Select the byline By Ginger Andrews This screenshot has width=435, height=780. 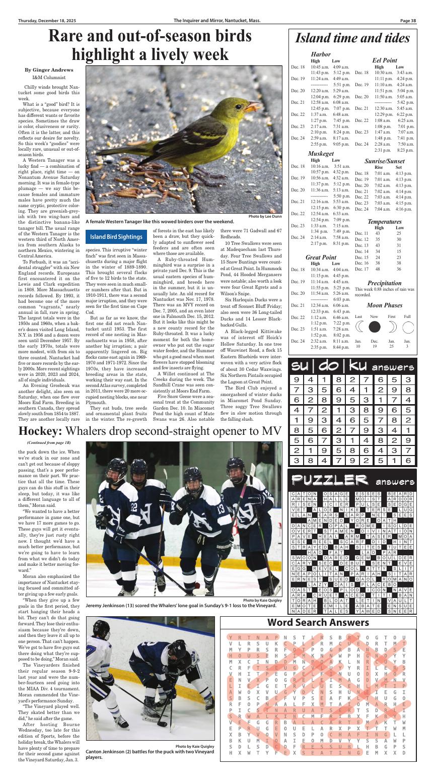(49, 70)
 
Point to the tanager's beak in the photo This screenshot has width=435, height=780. (254, 106)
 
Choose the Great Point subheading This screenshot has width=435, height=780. (321, 257)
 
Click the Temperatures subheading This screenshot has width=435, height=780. (385, 221)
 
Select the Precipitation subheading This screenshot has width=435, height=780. (385, 283)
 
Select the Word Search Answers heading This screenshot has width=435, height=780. (318, 622)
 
